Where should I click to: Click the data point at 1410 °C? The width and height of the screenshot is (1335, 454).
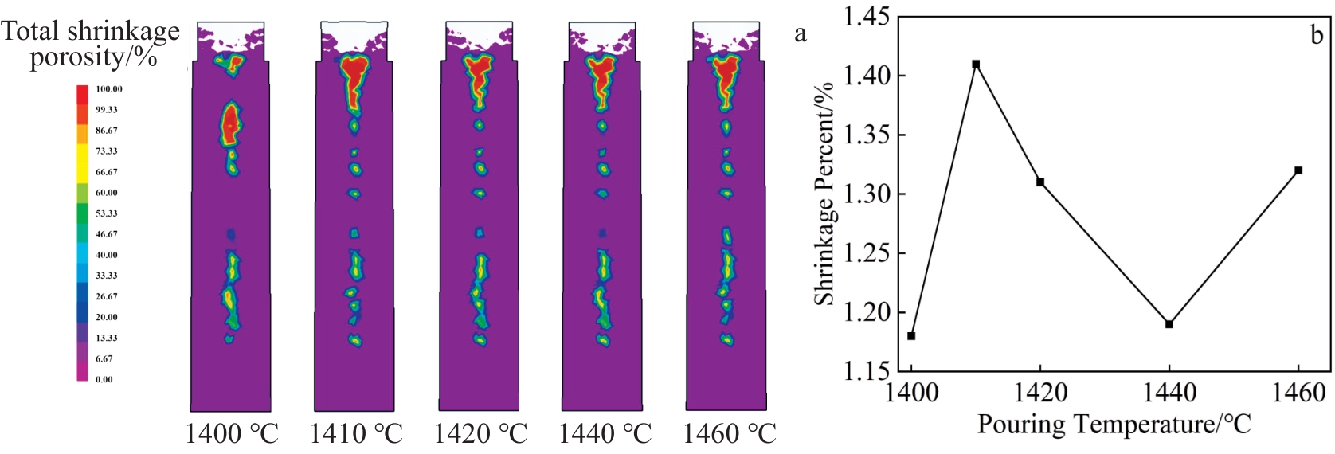[x=976, y=64]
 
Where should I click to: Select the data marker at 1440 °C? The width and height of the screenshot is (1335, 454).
[x=1169, y=324]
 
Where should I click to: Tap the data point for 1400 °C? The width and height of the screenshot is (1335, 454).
[x=911, y=336]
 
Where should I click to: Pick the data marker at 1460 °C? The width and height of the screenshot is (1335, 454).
[x=1298, y=170]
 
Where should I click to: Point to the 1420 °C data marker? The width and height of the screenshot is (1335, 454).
[x=1040, y=182]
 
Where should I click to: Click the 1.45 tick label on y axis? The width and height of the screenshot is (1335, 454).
[x=867, y=17]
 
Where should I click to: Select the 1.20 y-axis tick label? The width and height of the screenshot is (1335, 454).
[x=867, y=312]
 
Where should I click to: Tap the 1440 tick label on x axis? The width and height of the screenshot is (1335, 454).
[x=1169, y=393]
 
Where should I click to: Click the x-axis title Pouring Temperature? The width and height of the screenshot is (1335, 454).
[x=1114, y=424]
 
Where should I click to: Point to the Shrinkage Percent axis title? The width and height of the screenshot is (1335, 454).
[x=824, y=194]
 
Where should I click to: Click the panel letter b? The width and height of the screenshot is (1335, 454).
[x=1317, y=35]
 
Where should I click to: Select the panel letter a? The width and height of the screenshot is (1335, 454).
[x=801, y=33]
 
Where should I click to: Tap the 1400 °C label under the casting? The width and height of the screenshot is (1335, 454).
[x=232, y=434]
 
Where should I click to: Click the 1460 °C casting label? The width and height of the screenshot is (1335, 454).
[x=730, y=434]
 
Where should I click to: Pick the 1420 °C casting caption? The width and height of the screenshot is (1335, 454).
[x=480, y=434]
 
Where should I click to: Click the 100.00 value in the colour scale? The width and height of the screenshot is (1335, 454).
[x=109, y=89]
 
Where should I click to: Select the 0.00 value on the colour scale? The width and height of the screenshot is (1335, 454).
[x=104, y=379]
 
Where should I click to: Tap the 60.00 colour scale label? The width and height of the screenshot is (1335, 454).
[x=107, y=193]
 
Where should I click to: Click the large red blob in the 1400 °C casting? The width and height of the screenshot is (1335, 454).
[x=230, y=126]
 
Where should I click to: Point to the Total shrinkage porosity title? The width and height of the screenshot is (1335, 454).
[x=91, y=43]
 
